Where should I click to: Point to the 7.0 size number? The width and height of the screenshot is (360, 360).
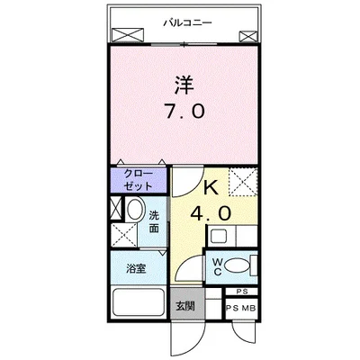[x=186, y=112]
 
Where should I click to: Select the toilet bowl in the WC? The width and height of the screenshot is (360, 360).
[x=236, y=266]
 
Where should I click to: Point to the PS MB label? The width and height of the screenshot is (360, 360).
[x=238, y=309]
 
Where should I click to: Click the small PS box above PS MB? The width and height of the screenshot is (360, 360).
[x=241, y=292]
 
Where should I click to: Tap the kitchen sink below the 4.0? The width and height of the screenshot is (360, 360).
[x=220, y=237]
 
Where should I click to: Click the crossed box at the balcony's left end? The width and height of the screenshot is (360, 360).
[x=119, y=35]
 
